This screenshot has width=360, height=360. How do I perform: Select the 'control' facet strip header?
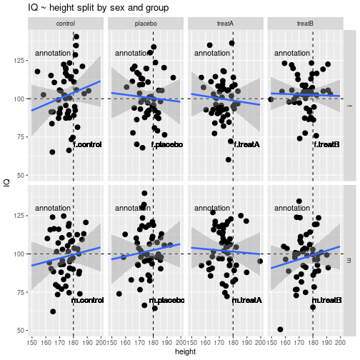[x=66, y=24]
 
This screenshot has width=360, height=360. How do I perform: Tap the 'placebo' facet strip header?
[x=146, y=24]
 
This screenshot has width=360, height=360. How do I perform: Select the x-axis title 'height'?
[x=186, y=353]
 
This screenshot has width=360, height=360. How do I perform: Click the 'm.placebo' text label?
[x=166, y=300]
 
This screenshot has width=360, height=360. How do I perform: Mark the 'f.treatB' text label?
[x=326, y=145]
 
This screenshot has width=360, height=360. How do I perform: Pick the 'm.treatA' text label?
[x=246, y=300]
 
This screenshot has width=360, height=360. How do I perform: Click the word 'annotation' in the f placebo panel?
[x=133, y=54]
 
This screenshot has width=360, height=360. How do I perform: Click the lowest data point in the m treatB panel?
[x=280, y=329]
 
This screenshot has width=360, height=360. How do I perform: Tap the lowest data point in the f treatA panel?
[x=229, y=160]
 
